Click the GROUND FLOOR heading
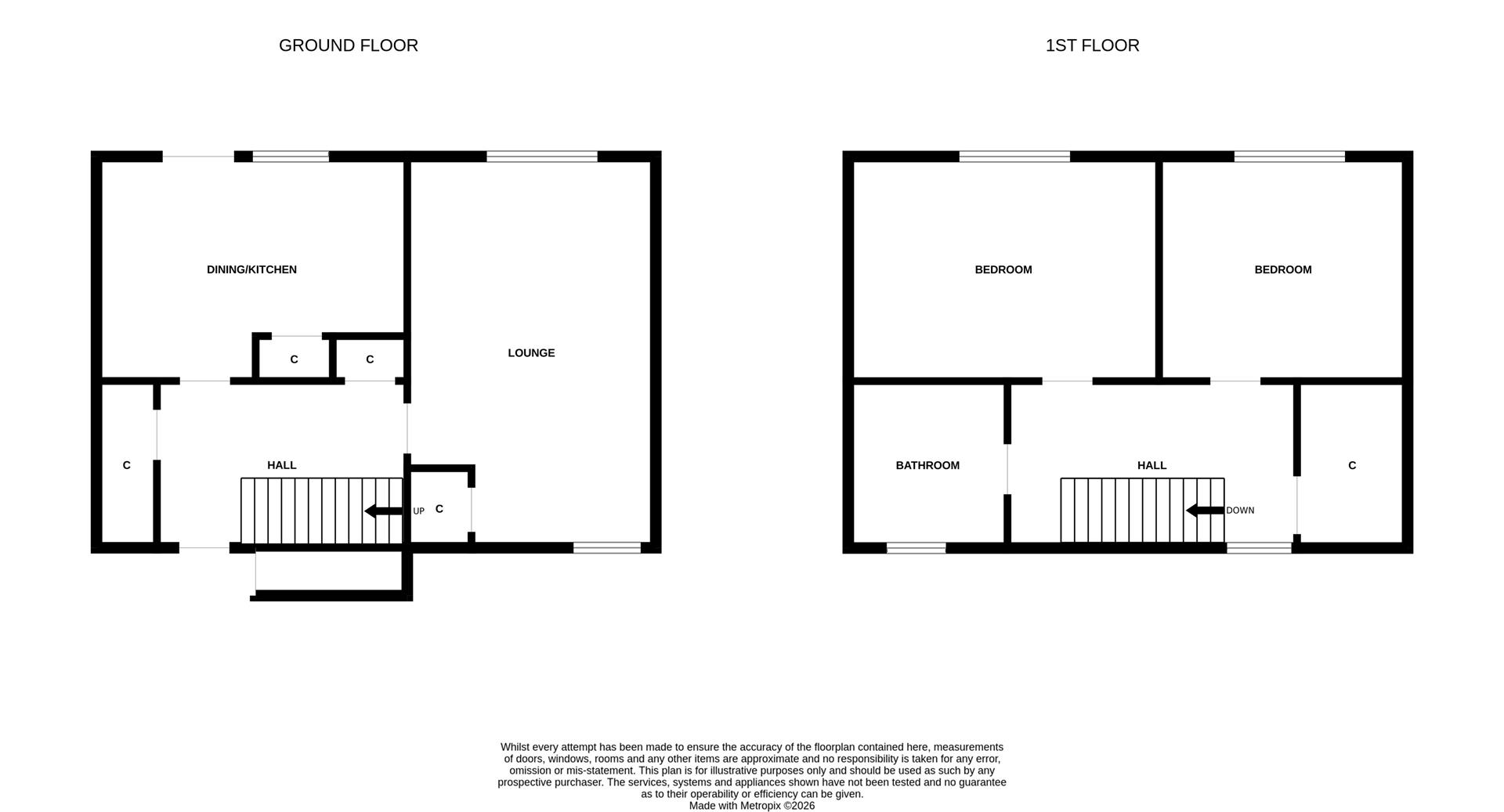click(x=348, y=45)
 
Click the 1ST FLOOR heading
click(x=1092, y=45)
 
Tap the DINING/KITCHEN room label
click(x=251, y=269)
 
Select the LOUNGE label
click(x=531, y=353)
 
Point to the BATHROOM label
click(x=927, y=465)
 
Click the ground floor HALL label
click(x=281, y=465)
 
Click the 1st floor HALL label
click(x=1151, y=465)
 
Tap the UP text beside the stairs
click(x=418, y=511)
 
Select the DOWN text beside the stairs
click(x=1240, y=511)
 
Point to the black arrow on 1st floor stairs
click(x=1205, y=511)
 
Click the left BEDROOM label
click(x=1003, y=269)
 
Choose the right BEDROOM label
click(x=1282, y=269)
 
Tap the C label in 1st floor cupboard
click(x=1352, y=465)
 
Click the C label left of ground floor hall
click(x=126, y=465)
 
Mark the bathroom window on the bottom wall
click(x=916, y=548)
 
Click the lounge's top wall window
click(x=541, y=157)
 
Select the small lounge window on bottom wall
click(x=607, y=548)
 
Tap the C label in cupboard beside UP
click(x=439, y=509)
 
